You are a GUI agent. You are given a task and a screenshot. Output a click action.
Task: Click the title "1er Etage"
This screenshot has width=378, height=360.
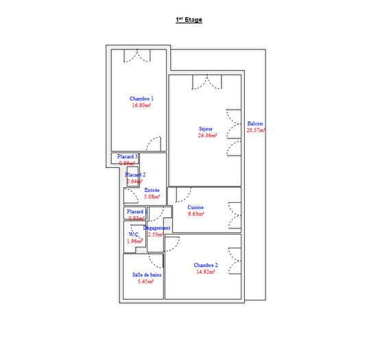click(x=189, y=21)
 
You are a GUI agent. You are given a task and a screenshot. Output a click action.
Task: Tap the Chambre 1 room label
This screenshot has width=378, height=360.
click(x=141, y=99)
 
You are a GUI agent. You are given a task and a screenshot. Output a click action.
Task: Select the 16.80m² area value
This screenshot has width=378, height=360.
click(x=141, y=106)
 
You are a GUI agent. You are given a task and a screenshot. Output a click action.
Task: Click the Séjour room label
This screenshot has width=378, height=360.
click(x=206, y=129)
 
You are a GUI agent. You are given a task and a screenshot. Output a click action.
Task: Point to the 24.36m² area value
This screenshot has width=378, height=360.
click(x=207, y=136)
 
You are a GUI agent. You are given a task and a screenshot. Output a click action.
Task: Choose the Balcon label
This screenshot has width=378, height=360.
click(x=255, y=123)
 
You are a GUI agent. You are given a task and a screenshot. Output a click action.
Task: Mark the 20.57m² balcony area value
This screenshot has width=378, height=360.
click(x=256, y=130)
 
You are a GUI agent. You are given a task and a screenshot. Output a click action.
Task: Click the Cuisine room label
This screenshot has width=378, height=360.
click(x=196, y=207)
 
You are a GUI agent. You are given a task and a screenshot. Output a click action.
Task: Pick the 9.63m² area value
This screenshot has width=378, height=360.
click(x=196, y=214)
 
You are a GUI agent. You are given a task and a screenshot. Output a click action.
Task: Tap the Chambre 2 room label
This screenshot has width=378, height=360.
click(x=205, y=265)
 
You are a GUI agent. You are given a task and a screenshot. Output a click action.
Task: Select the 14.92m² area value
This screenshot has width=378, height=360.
click(x=205, y=272)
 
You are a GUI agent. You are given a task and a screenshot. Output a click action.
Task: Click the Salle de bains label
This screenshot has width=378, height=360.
click(x=147, y=274)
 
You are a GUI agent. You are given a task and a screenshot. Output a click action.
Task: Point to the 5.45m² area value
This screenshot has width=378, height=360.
click(x=146, y=281)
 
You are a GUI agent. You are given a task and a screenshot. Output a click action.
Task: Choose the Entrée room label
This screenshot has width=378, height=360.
click(x=152, y=190)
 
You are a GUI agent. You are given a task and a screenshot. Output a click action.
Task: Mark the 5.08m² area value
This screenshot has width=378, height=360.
click(x=152, y=197)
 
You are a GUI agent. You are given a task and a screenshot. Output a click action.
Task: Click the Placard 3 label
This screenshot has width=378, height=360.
click(x=127, y=156)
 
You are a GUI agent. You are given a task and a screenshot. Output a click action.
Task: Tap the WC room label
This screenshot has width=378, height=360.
click(x=133, y=235)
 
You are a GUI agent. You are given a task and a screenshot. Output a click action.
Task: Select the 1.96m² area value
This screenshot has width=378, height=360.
click(x=135, y=241)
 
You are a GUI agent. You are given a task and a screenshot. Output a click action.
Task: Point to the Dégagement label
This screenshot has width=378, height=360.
click(x=156, y=228)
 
